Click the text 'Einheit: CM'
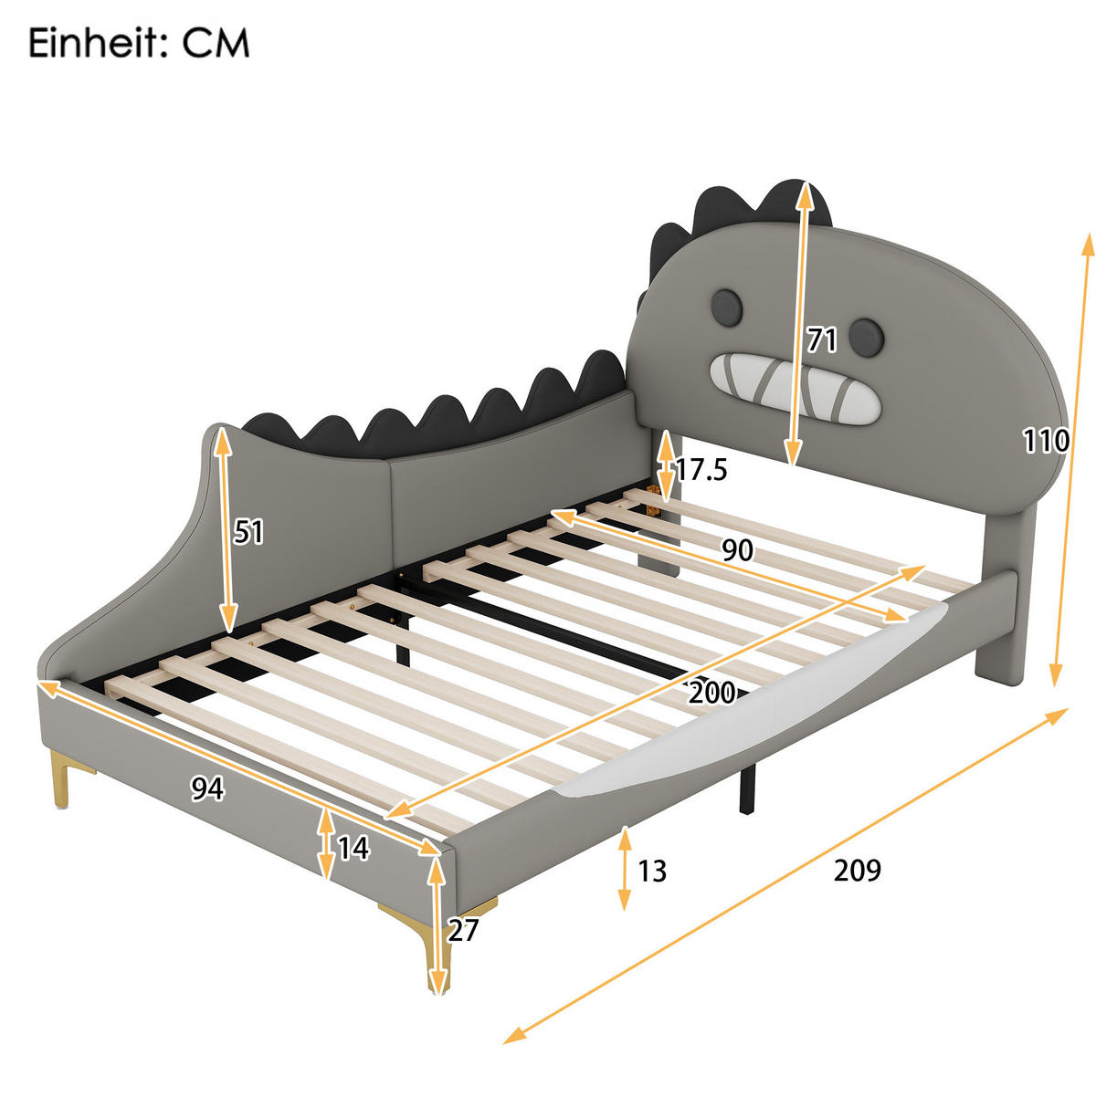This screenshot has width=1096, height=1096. tap(139, 44)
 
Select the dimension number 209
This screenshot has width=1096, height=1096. tap(858, 870)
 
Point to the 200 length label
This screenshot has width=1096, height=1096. tap(711, 693)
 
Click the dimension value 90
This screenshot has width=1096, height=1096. tap(737, 550)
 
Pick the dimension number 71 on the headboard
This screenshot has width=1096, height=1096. tap(822, 340)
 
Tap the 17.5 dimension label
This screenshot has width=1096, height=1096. tap(701, 470)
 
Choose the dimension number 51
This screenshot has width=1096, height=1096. tap(248, 532)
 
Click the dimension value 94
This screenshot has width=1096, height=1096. tap(207, 788)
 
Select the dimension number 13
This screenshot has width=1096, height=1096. tap(652, 871)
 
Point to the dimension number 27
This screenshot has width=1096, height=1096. tap(462, 930)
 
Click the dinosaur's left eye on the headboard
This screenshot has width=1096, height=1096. tap(726, 308)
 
